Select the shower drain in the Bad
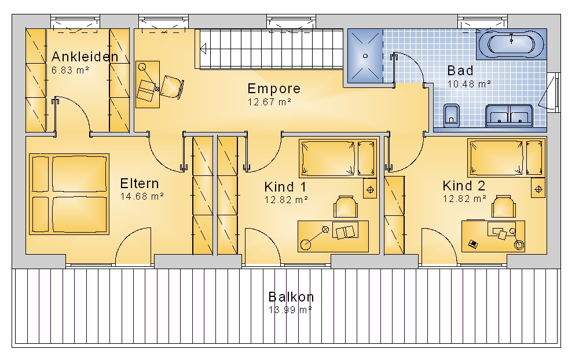pyautogui.click(x=365, y=56)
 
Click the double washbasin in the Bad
pyautogui.click(x=509, y=115)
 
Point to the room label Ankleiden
pyautogui.click(x=85, y=57)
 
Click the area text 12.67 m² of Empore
pyautogui.click(x=269, y=102)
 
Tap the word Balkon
pyautogui.click(x=291, y=297)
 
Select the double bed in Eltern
pyautogui.click(x=69, y=194)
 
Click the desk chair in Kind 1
pyautogui.click(x=345, y=207)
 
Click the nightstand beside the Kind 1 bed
pyautogui.click(x=370, y=189)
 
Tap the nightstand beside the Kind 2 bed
pyautogui.click(x=538, y=188)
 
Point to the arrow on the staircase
pyautogui.click(x=203, y=49)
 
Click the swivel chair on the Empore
pyautogui.click(x=171, y=87)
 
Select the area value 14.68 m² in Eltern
pyautogui.click(x=142, y=196)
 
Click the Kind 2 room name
pyautogui.click(x=464, y=186)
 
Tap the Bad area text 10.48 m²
pyautogui.click(x=469, y=84)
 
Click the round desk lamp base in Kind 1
pyautogui.click(x=306, y=244)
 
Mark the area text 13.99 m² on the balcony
pyautogui.click(x=290, y=310)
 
